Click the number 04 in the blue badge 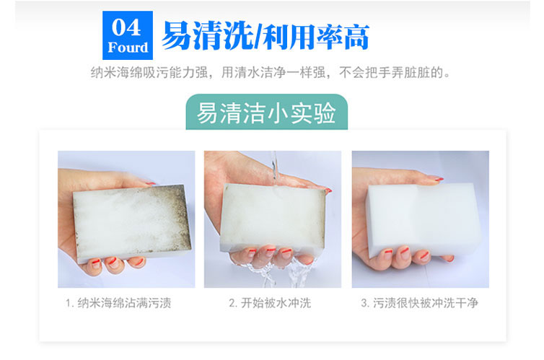coord(126,27)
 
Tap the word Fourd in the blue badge coord(128,48)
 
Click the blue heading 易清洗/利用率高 coord(266,36)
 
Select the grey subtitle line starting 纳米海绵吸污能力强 coord(271,72)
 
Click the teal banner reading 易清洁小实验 coord(266,113)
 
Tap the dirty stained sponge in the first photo coord(132,222)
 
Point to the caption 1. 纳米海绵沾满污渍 coord(118,303)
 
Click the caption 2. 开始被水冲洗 coord(270,303)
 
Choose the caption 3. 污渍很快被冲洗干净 coord(419,303)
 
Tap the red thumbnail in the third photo coord(439,179)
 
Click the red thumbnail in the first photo coord(151,183)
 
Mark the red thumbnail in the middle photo coord(328,190)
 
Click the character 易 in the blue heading coord(177,36)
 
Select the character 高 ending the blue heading coord(356,37)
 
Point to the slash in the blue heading coord(258,36)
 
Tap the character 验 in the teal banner coord(324,113)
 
